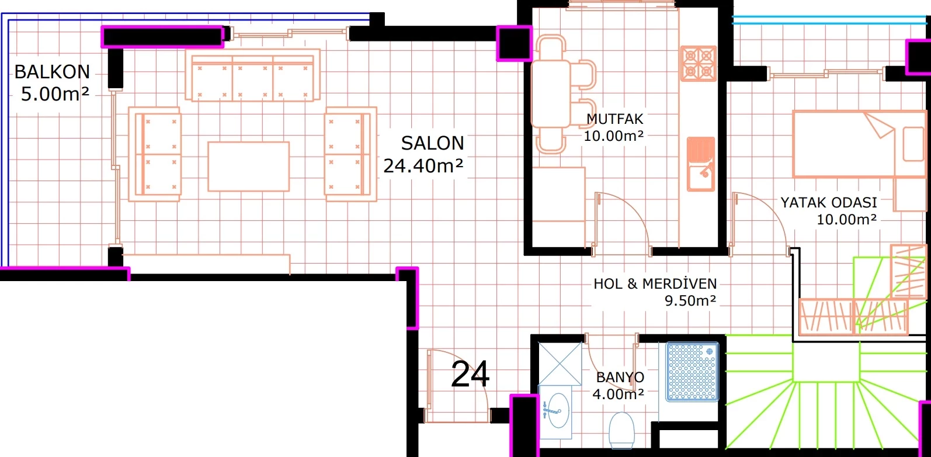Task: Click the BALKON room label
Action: coord(53,72)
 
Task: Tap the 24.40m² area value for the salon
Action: coord(423,165)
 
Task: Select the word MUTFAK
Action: coord(614,119)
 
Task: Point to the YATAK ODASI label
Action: coord(829,203)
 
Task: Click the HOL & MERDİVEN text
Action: coord(655,283)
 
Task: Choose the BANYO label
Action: coord(620,377)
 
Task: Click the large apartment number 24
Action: coord(470,374)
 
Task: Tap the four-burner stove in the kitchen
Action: coord(699,64)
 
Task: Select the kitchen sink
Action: coord(701,164)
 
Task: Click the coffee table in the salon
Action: coord(249,167)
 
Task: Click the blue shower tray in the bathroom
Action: coord(692,372)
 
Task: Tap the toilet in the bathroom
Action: coord(621,431)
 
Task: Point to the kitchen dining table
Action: coord(551,94)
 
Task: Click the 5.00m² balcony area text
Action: coord(55,94)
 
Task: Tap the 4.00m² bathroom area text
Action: coord(618,394)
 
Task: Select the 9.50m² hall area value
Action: coord(690,300)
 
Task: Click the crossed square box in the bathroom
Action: coord(560,364)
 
